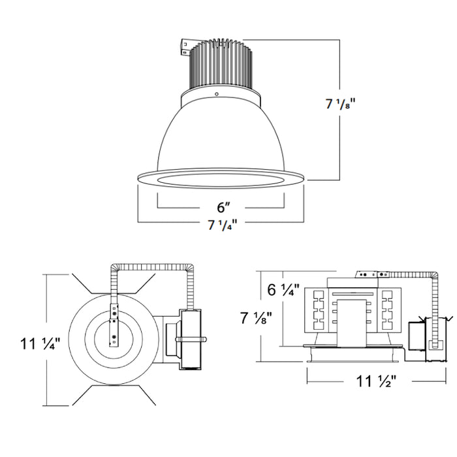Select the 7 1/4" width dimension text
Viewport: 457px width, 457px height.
pyautogui.click(x=221, y=225)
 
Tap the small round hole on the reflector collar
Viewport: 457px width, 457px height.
pyautogui.click(x=216, y=94)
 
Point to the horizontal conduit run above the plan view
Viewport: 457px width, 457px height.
pyautogui.click(x=153, y=266)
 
